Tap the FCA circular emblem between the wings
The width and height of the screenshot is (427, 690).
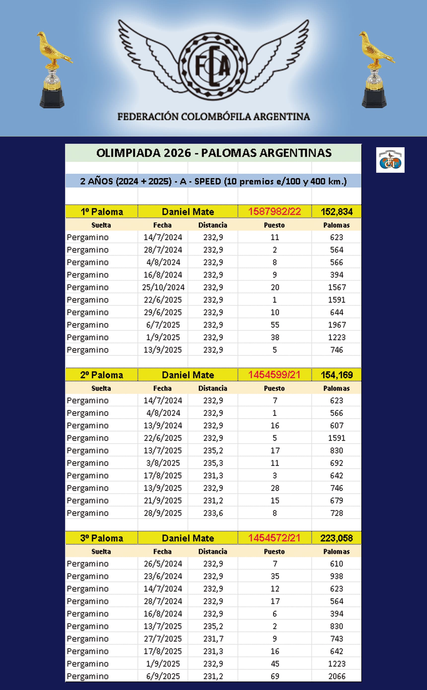pos(213,66)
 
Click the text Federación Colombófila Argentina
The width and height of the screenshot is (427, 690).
pos(213,116)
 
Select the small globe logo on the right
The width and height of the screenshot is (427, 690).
pos(390,160)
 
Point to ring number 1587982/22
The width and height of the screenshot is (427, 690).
pos(274,212)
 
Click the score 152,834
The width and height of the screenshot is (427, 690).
pos(336,212)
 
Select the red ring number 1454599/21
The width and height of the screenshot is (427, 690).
pos(274,375)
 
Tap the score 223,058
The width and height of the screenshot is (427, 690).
pos(336,538)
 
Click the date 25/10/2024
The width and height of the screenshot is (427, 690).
pos(163,287)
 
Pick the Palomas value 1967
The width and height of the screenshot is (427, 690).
pos(337,325)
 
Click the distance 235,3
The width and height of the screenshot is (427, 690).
pos(213,463)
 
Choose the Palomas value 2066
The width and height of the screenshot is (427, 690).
pos(337,676)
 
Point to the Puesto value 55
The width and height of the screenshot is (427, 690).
pos(275,325)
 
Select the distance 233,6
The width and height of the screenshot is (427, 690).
pos(213,513)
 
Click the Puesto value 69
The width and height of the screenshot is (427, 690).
pos(275,676)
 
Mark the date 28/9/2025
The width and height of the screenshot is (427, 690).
pos(163,513)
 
